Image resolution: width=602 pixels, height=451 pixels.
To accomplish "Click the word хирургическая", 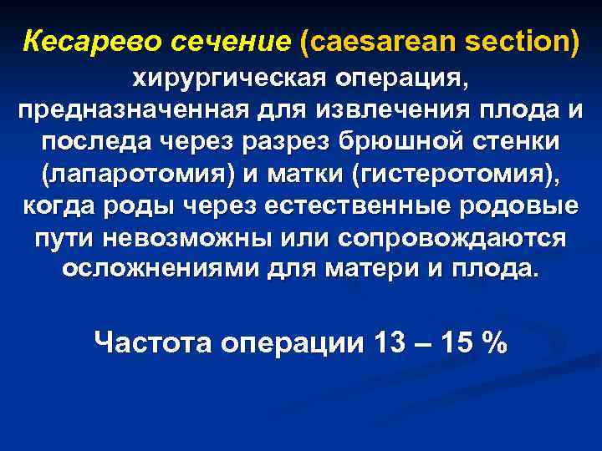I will click(227, 79).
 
